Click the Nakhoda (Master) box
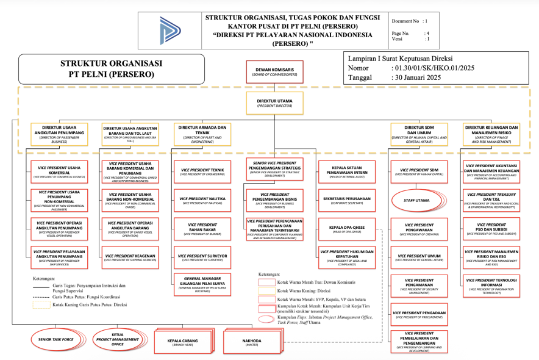251,342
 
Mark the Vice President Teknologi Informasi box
491,284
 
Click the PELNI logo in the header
170,30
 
